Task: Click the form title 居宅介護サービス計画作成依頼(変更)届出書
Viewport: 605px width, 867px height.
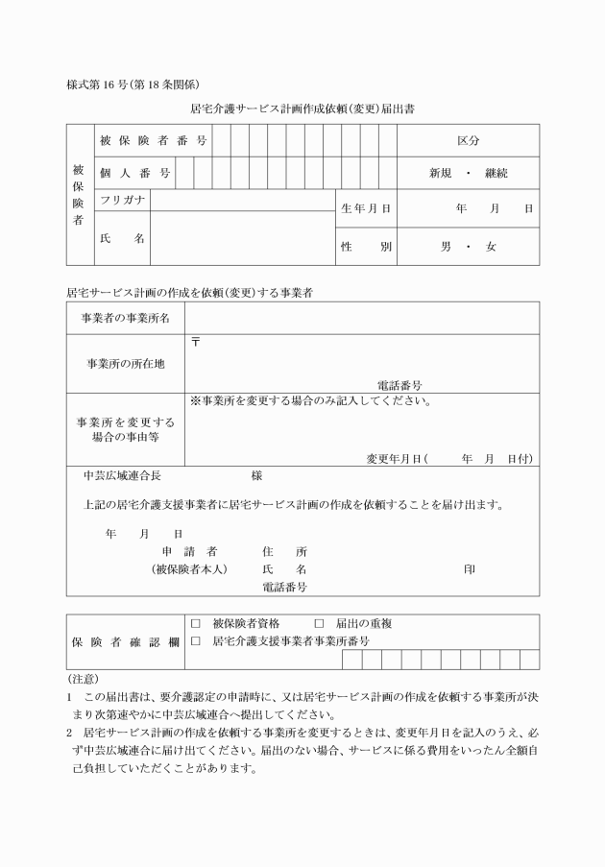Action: (302, 109)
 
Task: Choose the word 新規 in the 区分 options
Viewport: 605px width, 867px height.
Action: (440, 174)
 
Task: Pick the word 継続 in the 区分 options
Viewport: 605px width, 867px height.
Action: (497, 174)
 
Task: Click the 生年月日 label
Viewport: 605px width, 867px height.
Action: (365, 208)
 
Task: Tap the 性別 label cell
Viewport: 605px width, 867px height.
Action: (365, 247)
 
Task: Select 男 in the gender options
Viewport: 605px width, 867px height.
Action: (446, 247)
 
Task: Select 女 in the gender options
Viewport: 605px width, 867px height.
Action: (491, 247)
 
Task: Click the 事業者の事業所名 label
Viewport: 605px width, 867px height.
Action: (126, 318)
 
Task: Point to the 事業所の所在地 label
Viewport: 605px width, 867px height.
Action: (126, 363)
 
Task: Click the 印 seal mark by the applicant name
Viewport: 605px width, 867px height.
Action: (469, 568)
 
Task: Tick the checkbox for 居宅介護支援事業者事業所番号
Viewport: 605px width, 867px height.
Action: (196, 640)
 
